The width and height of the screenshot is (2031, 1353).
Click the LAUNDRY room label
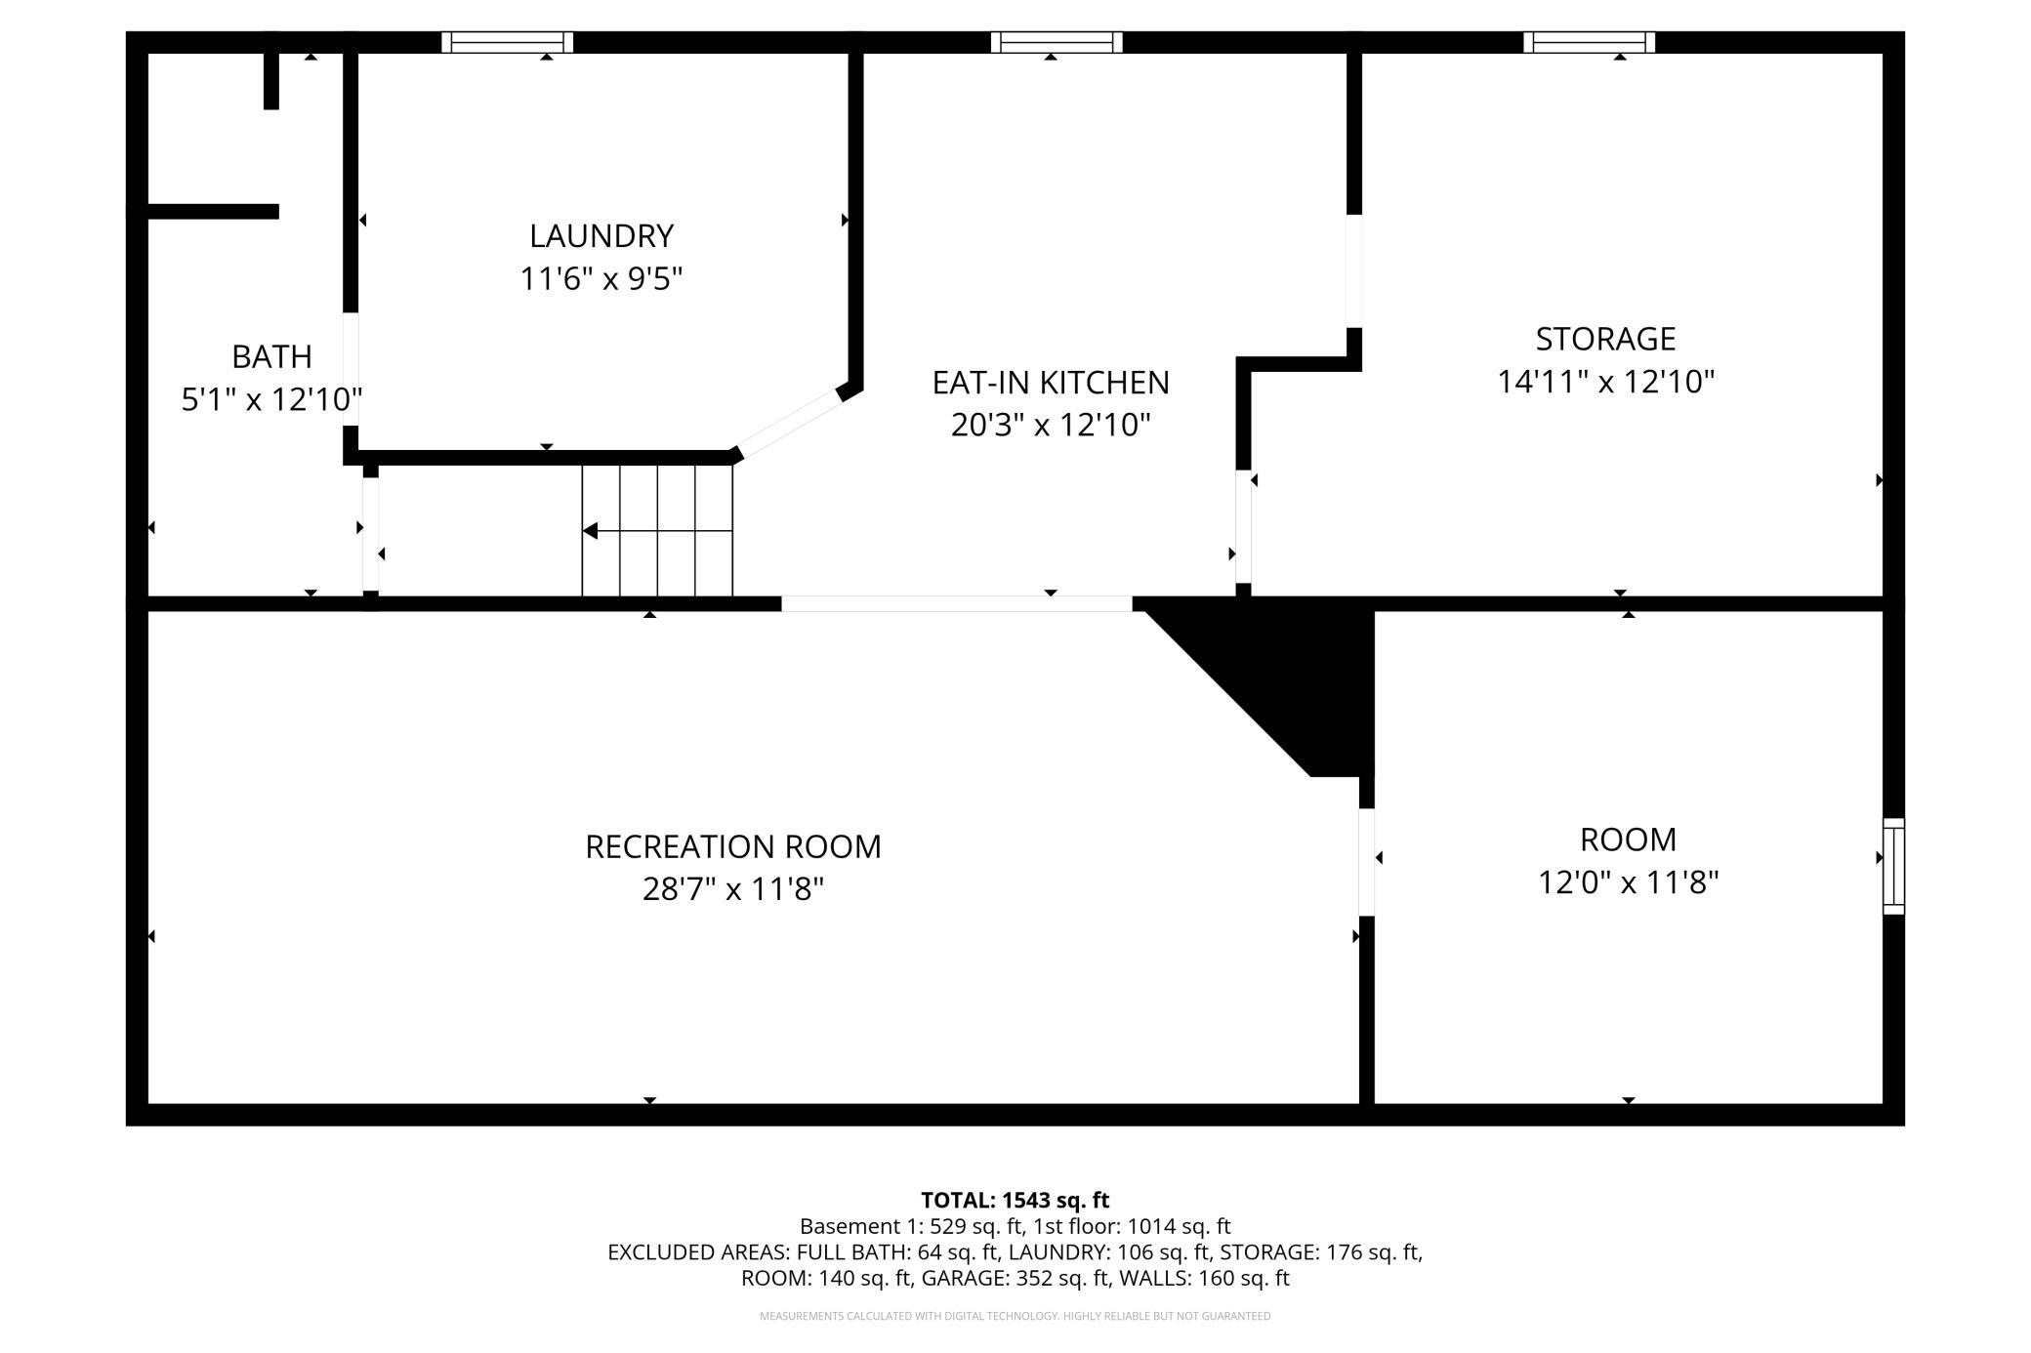coord(601,236)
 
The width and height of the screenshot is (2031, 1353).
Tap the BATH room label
coord(271,356)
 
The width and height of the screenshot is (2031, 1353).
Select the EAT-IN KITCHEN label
coord(1051,383)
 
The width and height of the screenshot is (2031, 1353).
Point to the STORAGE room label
coord(1605,339)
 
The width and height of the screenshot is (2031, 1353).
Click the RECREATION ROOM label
coord(733,846)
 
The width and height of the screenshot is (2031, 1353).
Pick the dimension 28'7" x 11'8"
coord(733,889)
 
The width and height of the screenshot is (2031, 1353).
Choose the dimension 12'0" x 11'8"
coord(1628,882)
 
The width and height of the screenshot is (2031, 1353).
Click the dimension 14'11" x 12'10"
coord(1606,381)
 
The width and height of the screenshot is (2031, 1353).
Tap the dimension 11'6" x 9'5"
coord(601,279)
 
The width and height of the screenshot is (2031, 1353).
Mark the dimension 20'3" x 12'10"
coord(1051,425)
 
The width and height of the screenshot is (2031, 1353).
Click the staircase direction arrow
coord(657,531)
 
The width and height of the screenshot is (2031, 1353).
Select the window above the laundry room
coord(507,42)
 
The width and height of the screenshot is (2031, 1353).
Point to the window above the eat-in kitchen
coord(1057,42)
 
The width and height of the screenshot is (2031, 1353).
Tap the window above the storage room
coord(1590,42)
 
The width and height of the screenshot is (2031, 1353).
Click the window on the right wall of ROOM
coord(1893,866)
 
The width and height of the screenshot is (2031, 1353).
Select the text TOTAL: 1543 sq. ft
coord(1015,1200)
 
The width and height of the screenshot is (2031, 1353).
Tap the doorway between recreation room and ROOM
coord(1367,862)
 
